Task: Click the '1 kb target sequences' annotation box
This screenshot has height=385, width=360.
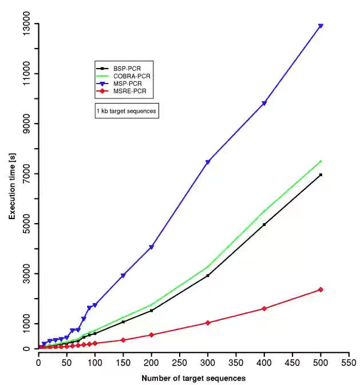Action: (126, 110)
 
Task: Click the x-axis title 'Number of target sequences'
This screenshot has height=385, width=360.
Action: (193, 378)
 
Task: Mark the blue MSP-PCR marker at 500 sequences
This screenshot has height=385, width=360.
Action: (321, 26)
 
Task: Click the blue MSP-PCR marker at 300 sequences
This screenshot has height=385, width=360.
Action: (208, 162)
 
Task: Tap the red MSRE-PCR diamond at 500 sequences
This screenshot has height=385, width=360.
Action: (321, 289)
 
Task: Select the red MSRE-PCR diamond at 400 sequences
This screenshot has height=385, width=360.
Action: (264, 309)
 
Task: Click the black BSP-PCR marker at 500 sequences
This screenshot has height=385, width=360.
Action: (321, 174)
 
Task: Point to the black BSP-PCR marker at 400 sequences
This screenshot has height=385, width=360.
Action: (264, 224)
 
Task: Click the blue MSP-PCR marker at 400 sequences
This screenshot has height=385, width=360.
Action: (264, 104)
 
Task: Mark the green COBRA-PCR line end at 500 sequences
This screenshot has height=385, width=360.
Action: (321, 161)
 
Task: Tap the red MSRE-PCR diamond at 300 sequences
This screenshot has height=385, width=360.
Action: (208, 323)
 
